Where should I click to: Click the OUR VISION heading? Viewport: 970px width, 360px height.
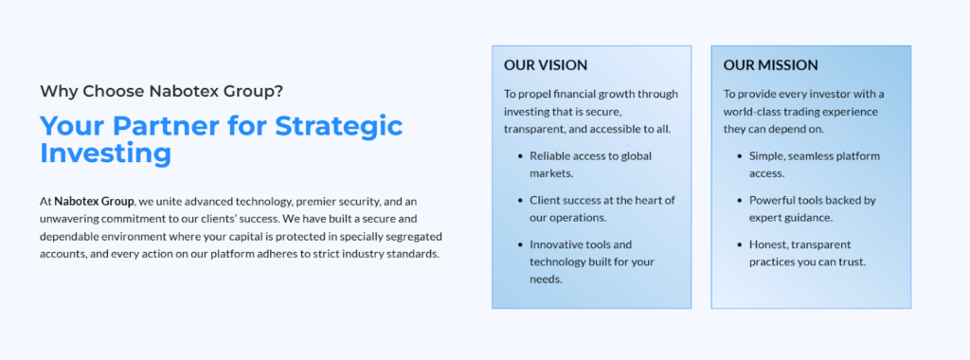point(545,65)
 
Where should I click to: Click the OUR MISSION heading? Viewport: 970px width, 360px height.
point(770,65)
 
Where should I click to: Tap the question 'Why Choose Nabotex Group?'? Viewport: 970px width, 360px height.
point(161,92)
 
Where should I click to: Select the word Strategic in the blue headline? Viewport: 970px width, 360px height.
point(339,126)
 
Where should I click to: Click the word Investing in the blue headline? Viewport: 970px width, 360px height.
point(105,153)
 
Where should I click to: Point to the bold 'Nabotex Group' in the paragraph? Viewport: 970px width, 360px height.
point(94,202)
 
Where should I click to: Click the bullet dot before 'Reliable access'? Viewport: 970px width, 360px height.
point(520,156)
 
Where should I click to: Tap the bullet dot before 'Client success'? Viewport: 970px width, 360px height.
point(520,201)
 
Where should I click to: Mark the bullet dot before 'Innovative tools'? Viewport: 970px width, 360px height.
point(520,245)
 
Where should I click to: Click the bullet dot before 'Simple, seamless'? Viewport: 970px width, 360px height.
point(740,156)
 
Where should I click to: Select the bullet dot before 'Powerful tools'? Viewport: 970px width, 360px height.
point(740,201)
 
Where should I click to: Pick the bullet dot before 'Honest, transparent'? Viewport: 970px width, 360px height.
point(740,245)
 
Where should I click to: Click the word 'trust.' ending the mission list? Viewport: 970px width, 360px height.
point(852,262)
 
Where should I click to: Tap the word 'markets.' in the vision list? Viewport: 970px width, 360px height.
point(551,173)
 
